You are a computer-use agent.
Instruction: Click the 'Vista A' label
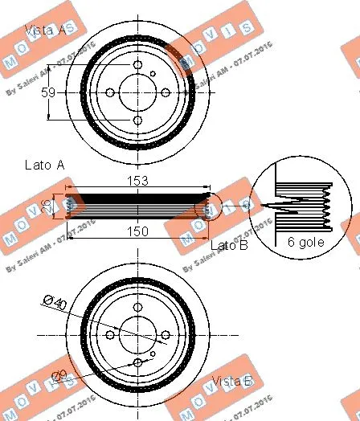(47, 31)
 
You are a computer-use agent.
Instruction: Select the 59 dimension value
(47, 92)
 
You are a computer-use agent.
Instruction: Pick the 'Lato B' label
(229, 244)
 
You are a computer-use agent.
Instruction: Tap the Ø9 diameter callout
(59, 374)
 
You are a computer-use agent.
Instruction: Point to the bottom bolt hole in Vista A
(138, 121)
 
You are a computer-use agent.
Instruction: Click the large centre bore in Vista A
(138, 92)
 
